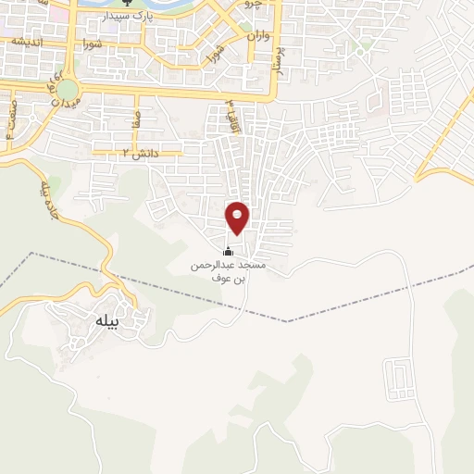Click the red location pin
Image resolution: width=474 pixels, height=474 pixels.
(238, 217)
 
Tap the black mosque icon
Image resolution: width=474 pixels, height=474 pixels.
(229, 251)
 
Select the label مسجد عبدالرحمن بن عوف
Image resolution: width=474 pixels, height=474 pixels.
(228, 271)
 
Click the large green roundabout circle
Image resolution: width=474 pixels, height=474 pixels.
(69, 90)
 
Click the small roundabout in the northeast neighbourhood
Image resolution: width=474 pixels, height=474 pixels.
(367, 44)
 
